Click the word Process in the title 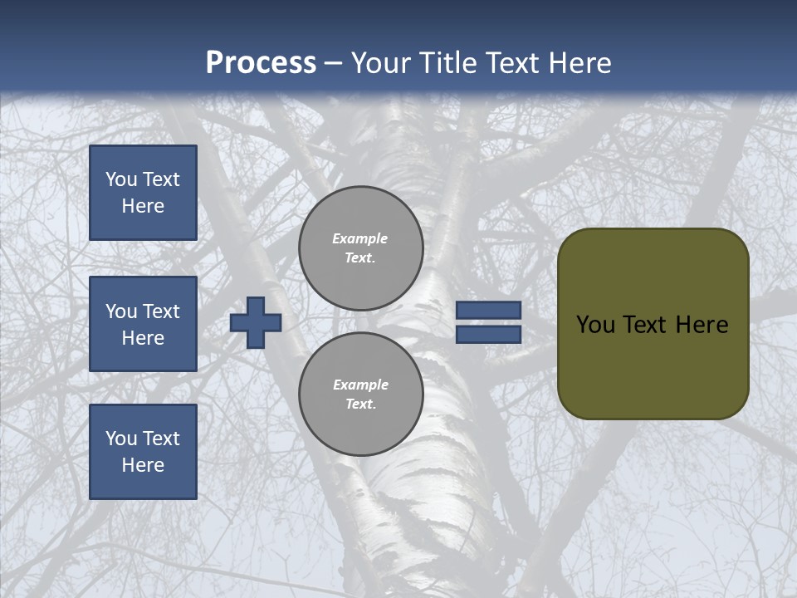tap(261, 63)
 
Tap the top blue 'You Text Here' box tap(143, 193)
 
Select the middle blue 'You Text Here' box tap(143, 324)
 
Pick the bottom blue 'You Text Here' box tap(143, 451)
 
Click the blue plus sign tap(256, 322)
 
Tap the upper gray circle tap(360, 248)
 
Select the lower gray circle tap(360, 394)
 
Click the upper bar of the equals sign tap(488, 311)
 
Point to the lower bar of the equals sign tap(488, 334)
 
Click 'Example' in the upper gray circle tap(360, 238)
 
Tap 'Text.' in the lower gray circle tap(360, 404)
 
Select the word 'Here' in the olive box tap(702, 325)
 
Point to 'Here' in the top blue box tap(143, 206)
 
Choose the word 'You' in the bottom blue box tap(122, 438)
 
